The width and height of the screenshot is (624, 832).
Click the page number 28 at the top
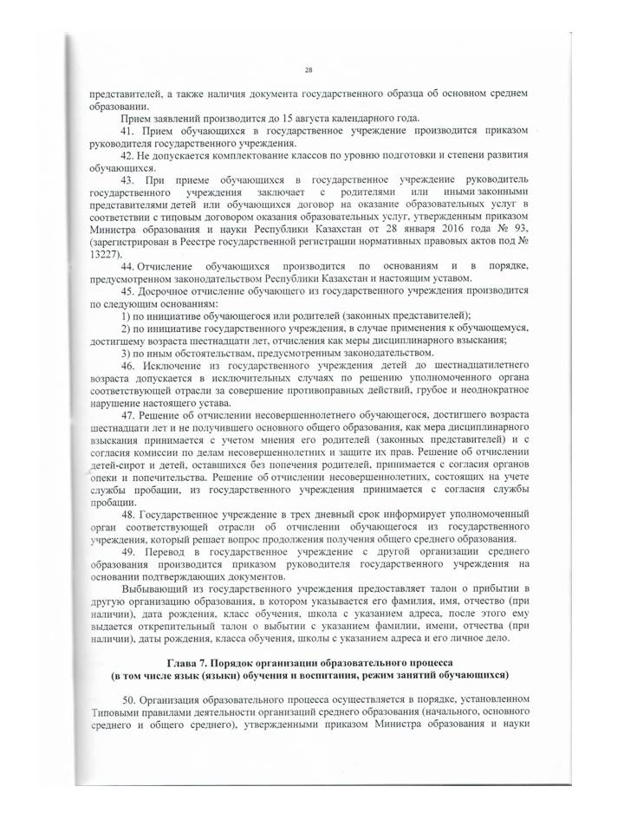point(309,71)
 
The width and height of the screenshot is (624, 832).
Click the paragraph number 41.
point(128,131)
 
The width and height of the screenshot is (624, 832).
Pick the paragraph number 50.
point(128,699)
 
